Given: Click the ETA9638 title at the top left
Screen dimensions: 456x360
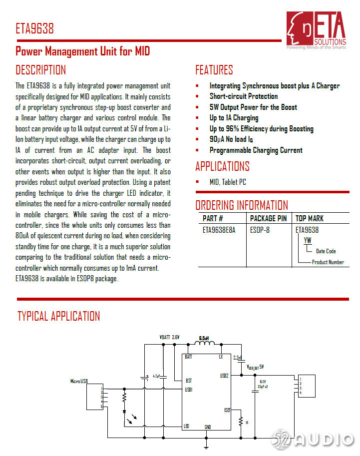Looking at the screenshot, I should point(34,28).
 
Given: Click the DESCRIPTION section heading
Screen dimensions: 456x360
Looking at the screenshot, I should point(40,69).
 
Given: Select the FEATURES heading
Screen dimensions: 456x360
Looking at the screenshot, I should point(214,69).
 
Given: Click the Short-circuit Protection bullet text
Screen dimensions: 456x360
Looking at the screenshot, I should point(243,96).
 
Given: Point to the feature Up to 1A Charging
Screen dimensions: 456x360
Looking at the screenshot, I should point(234,118).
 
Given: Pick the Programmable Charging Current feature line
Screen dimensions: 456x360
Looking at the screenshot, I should point(256,150).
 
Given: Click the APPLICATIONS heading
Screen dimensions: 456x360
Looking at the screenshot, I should point(222,166).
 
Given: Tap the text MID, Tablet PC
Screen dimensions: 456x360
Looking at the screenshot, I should point(228,182).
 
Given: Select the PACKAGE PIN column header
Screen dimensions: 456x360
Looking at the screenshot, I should point(268,218).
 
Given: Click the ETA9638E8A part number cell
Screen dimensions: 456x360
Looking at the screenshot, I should point(219,230).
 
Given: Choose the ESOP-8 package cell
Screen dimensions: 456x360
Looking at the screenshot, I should point(260,230).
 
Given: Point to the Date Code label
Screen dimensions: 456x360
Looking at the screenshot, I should point(326,251).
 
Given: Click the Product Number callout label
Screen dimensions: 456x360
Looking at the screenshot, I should point(328,262).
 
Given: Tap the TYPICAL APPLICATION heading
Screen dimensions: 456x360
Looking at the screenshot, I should point(58,316).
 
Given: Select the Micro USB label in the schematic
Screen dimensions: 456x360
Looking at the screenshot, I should point(79,381).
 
